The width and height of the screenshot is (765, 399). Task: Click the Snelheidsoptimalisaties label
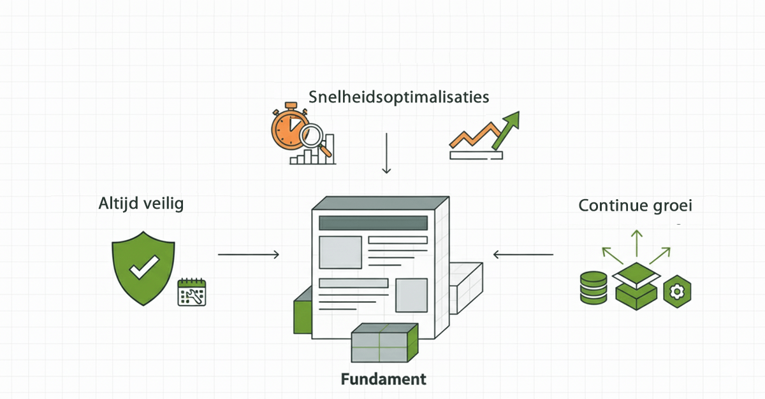coord(399,97)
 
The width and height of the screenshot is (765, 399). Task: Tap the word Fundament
coord(383,379)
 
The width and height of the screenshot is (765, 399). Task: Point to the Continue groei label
coord(635,206)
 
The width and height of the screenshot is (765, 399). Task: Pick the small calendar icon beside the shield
coord(192,293)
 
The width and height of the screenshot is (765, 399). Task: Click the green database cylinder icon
coord(594,287)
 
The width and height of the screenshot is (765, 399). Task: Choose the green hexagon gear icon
coord(677,292)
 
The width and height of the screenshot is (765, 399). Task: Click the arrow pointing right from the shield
coord(249,255)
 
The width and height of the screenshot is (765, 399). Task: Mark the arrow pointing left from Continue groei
coord(523,255)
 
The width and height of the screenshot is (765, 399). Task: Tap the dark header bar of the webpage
coord(373,223)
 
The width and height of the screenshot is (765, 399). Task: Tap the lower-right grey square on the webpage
coord(411,295)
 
